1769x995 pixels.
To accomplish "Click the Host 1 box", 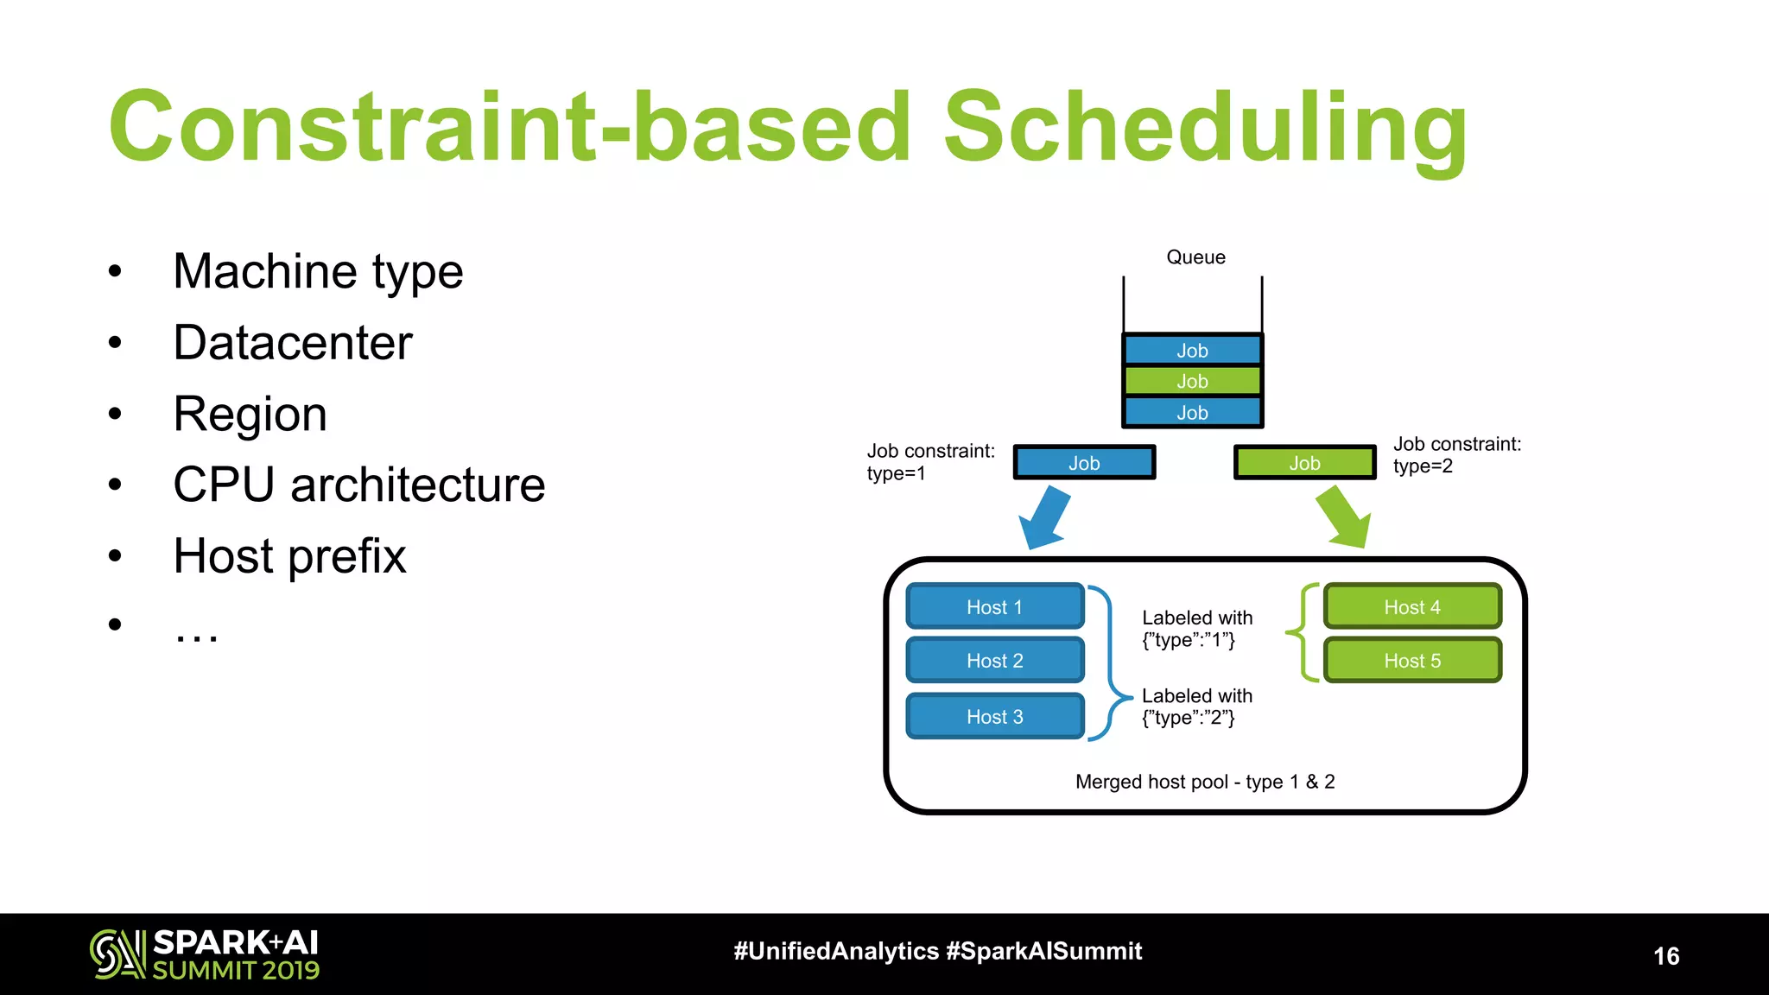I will click(994, 606).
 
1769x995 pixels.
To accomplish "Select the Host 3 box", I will click(994, 716).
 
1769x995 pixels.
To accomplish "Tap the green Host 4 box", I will click(1412, 606).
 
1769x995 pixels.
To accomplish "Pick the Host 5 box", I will click(1412, 661).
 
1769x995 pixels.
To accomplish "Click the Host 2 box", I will click(994, 661).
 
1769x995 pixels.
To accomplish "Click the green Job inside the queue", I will click(1192, 381).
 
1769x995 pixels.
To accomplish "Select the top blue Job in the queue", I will click(1192, 350).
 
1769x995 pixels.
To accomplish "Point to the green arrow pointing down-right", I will click(1344, 517).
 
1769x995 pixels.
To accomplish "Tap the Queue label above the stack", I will click(1195, 257).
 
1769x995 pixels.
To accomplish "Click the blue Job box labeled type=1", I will click(1084, 463).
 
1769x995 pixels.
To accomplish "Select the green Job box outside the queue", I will click(1304, 463).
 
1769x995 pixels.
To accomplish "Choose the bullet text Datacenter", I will click(293, 343).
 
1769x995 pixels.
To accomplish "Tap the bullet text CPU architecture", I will click(358, 485).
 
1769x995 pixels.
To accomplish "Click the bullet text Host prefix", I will click(289, 555).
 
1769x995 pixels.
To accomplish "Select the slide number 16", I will click(1666, 956).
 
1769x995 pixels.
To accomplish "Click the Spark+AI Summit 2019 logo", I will click(205, 954).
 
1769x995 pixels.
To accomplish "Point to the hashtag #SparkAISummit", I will click(1043, 951).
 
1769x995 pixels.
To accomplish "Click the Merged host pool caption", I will click(1205, 782).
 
